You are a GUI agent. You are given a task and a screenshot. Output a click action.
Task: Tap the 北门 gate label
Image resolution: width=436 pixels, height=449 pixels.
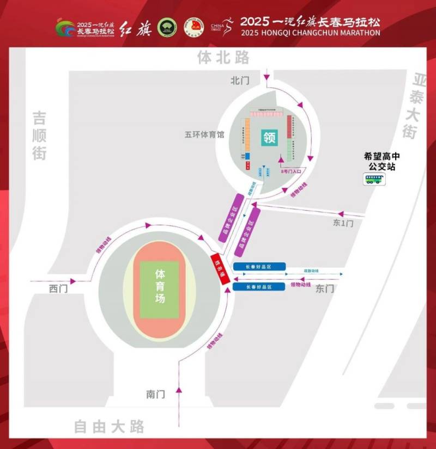[240, 81]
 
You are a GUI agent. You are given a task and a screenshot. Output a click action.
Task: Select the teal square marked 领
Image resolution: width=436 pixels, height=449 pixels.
[270, 136]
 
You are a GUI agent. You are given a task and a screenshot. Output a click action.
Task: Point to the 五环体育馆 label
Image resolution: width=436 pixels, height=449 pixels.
[204, 134]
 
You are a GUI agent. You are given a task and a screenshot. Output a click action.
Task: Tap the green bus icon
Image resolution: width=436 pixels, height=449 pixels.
[373, 179]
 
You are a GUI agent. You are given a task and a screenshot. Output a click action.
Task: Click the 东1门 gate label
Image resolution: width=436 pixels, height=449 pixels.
[343, 223]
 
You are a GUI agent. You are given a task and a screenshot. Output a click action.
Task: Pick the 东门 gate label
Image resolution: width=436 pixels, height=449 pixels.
[325, 289]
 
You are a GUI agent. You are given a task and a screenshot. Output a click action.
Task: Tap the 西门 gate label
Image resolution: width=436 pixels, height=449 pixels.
[58, 289]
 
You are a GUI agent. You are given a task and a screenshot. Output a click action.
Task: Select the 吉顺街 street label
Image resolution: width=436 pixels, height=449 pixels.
[39, 136]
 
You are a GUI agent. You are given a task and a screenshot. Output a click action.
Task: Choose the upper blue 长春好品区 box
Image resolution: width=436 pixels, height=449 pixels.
[259, 266]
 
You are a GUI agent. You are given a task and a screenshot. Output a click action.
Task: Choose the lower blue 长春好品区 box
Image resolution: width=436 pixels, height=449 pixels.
[259, 286]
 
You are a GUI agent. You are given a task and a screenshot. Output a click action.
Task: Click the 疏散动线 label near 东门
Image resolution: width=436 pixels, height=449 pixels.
[311, 271]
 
